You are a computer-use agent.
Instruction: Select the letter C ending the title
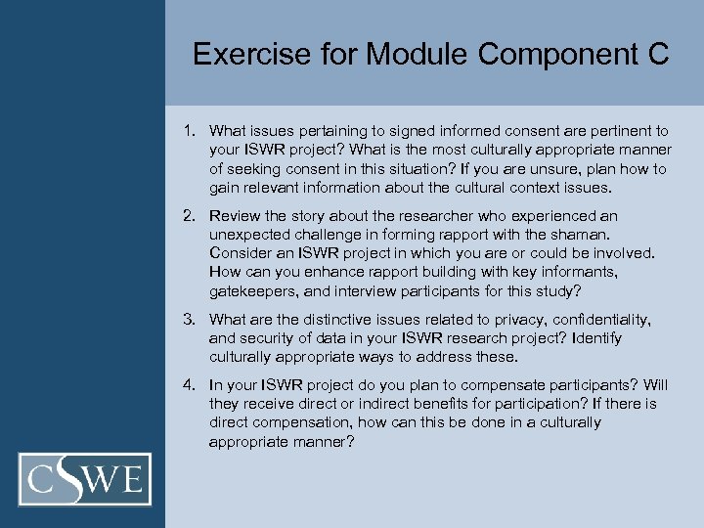coord(658,55)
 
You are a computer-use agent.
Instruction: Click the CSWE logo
coord(85,479)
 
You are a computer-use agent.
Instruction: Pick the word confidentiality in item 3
coord(600,320)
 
